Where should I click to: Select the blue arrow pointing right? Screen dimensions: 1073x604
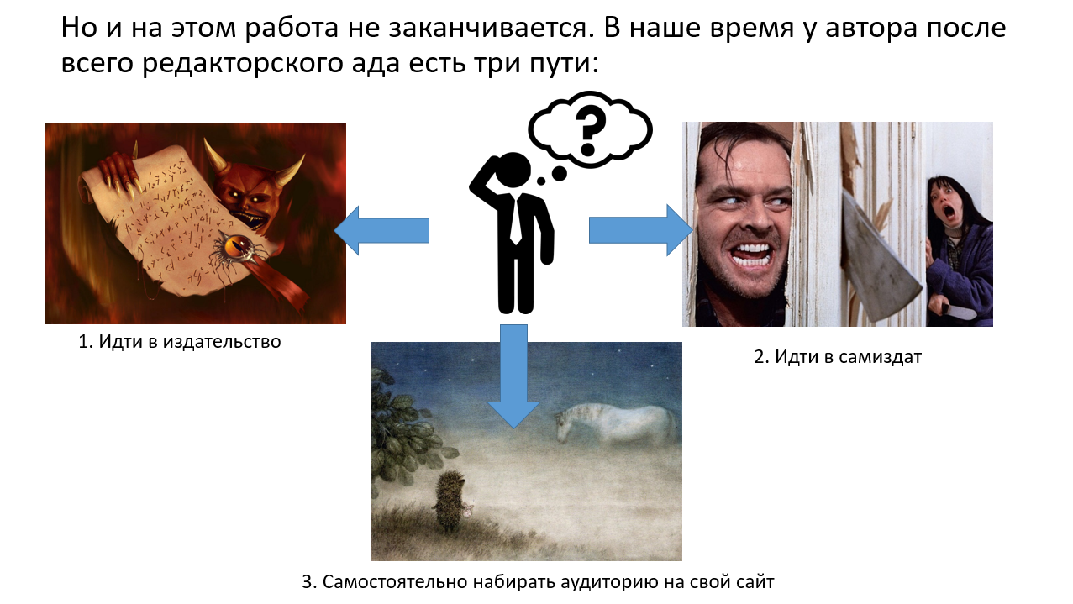[641, 230]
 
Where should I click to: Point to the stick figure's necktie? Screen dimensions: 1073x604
[515, 220]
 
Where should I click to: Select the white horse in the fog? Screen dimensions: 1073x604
[617, 425]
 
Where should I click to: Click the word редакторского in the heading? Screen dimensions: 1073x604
[242, 64]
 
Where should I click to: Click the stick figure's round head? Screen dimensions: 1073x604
[512, 169]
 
